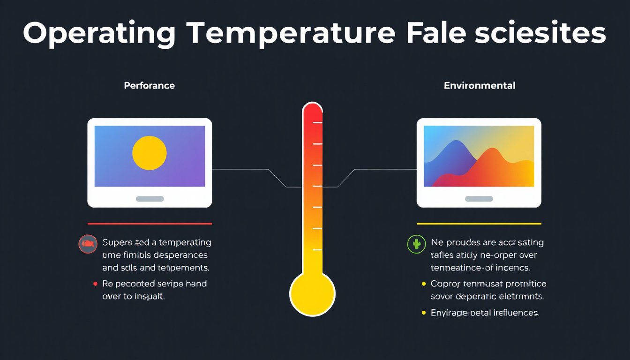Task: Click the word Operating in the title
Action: [x=99, y=34]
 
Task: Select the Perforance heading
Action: [x=149, y=86]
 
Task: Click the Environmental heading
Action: [x=480, y=86]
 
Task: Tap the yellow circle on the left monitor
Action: [x=150, y=153]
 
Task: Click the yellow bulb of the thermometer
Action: [x=312, y=294]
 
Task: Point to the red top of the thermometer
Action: [x=312, y=115]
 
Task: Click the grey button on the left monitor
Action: [x=150, y=199]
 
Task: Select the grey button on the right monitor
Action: [x=479, y=199]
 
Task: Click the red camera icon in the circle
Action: [x=88, y=244]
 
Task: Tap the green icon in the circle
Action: [x=416, y=244]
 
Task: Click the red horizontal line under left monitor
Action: [x=150, y=224]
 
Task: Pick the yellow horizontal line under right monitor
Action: [x=479, y=224]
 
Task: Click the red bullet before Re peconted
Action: [x=95, y=284]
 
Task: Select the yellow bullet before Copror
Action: [x=424, y=284]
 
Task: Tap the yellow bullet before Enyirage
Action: [x=424, y=313]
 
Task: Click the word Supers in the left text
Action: [x=118, y=243]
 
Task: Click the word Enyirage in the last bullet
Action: [x=449, y=313]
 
